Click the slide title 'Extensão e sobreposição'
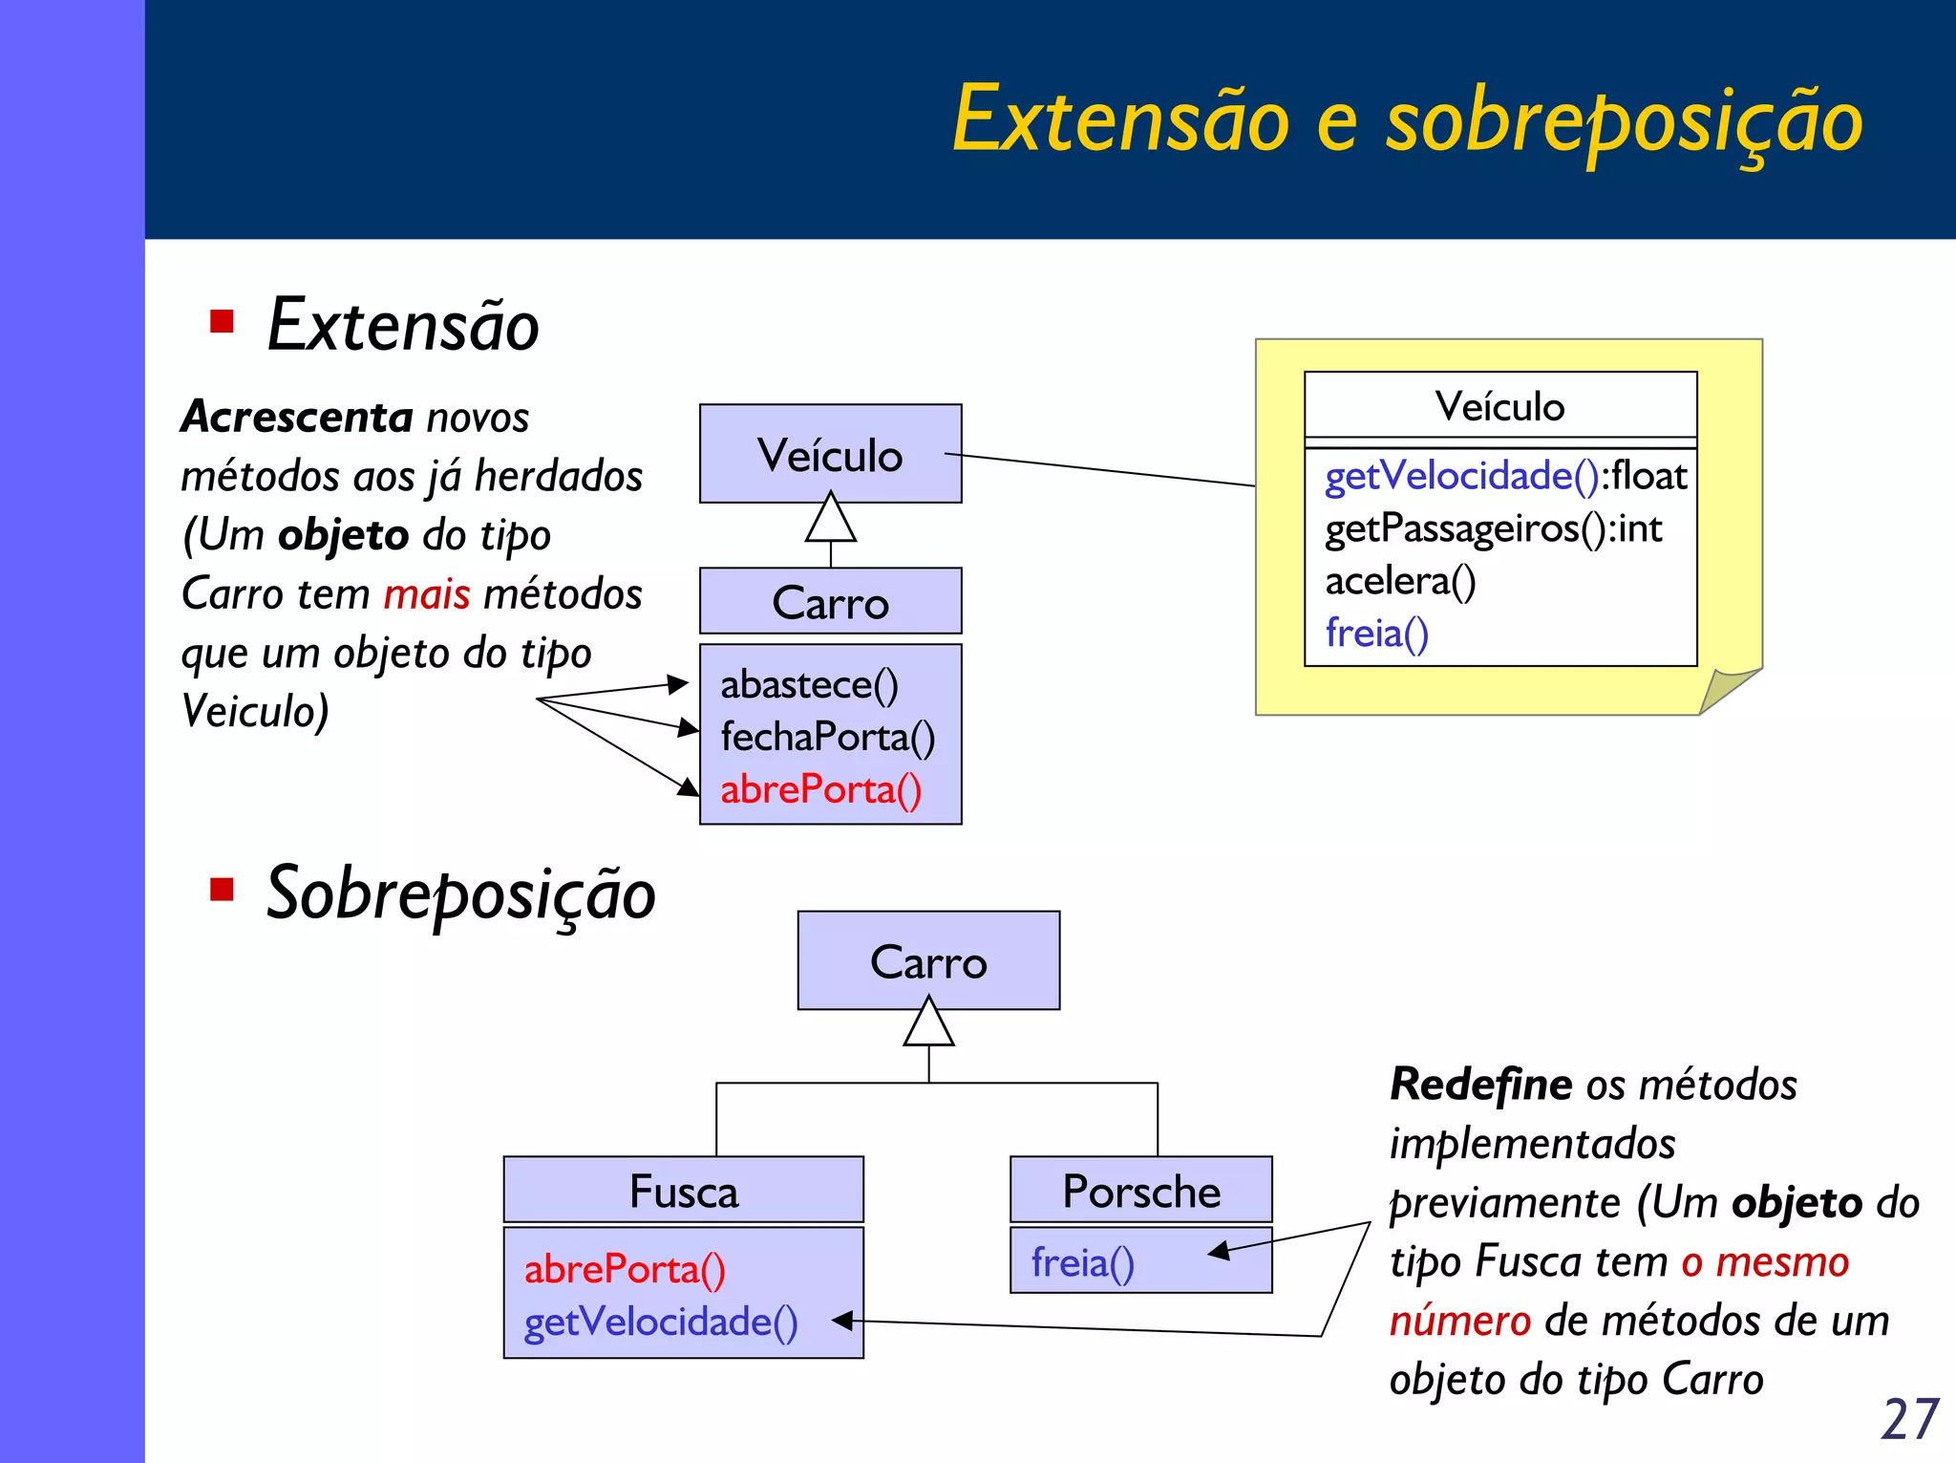1407,119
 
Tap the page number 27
1909,1418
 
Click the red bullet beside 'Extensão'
222,321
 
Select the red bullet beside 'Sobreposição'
222,890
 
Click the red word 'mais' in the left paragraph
426,594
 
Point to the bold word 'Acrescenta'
297,417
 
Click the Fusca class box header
683,1191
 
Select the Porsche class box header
1140,1191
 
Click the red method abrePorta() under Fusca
625,1269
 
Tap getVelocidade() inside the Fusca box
660,1322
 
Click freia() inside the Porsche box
1082,1262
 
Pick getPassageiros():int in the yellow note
1493,528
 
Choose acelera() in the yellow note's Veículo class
1399,581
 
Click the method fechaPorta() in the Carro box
827,737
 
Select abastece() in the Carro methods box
809,684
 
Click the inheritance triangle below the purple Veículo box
830,521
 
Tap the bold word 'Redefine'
1480,1085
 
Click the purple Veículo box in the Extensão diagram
830,454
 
